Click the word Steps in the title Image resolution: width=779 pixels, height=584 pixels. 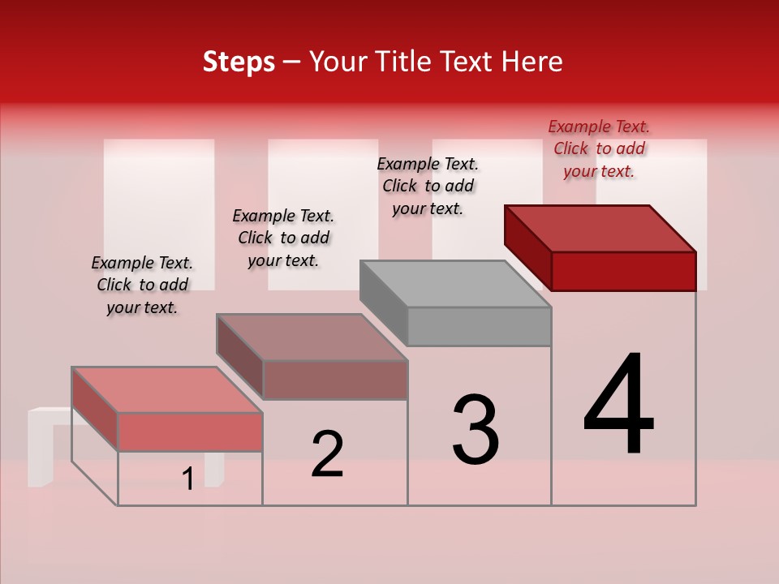[x=239, y=62]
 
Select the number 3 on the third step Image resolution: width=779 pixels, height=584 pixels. [x=475, y=430]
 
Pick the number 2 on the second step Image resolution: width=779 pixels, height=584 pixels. [x=327, y=454]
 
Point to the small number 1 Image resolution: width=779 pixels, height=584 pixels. [x=188, y=479]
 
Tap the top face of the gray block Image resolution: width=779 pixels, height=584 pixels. [x=454, y=284]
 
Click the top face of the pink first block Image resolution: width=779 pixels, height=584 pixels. [x=166, y=389]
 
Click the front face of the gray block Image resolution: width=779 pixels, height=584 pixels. [x=479, y=327]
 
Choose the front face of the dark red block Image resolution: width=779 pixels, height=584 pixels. [x=623, y=271]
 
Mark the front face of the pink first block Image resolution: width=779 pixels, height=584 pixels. [x=190, y=432]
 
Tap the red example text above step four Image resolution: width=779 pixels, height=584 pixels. [x=599, y=148]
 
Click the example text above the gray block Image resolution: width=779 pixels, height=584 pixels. [x=428, y=186]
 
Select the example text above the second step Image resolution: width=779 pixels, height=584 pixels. [x=283, y=238]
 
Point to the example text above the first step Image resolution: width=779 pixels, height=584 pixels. [x=142, y=285]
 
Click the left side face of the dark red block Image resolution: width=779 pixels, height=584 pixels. [x=527, y=247]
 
